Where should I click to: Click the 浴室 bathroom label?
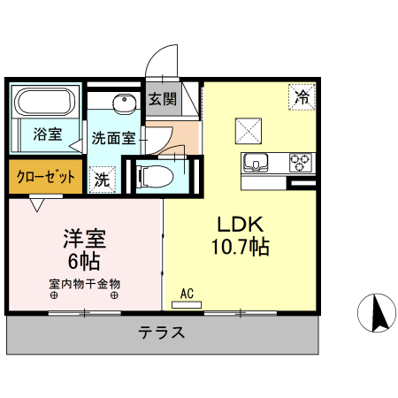pyautogui.click(x=48, y=134)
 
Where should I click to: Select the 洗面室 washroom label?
pyautogui.click(x=114, y=138)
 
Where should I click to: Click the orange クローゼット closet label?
pyautogui.click(x=45, y=177)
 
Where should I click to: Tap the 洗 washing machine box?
pyautogui.click(x=103, y=177)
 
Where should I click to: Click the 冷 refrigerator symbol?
pyautogui.click(x=302, y=97)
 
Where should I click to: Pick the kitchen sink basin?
pyautogui.click(x=257, y=162)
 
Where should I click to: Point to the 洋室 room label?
pyautogui.click(x=84, y=238)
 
